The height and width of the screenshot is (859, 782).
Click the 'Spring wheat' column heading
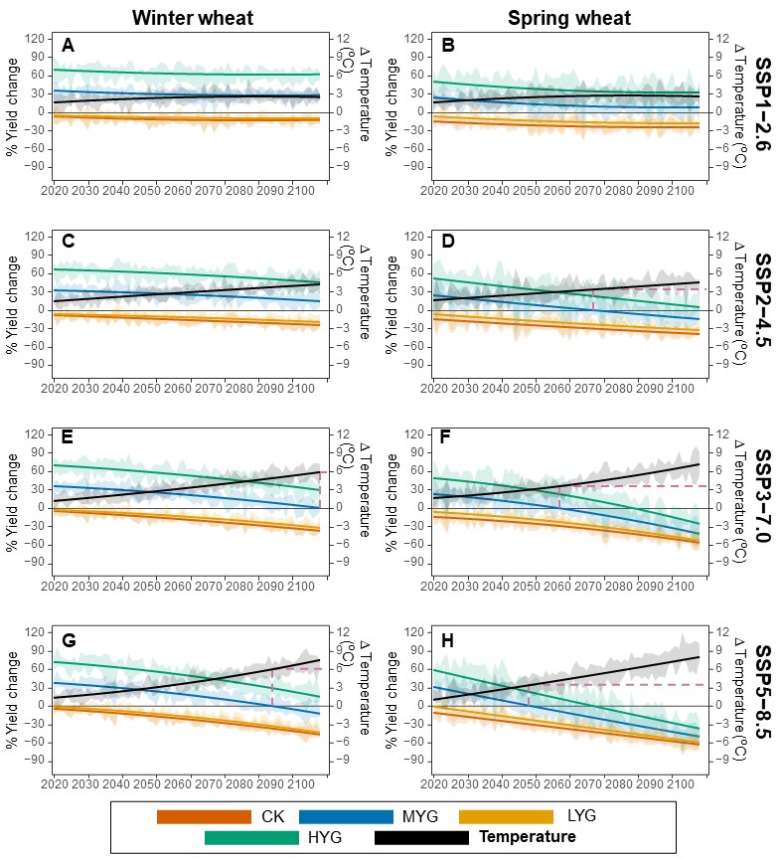click(569, 17)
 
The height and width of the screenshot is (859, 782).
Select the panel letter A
click(68, 45)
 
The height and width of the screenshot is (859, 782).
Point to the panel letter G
click(69, 639)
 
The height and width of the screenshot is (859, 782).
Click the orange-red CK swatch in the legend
click(203, 816)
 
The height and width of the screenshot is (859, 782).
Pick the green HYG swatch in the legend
click(250, 837)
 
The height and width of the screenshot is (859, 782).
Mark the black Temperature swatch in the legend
click(420, 837)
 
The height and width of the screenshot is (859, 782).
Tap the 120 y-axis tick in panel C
click(41, 237)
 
